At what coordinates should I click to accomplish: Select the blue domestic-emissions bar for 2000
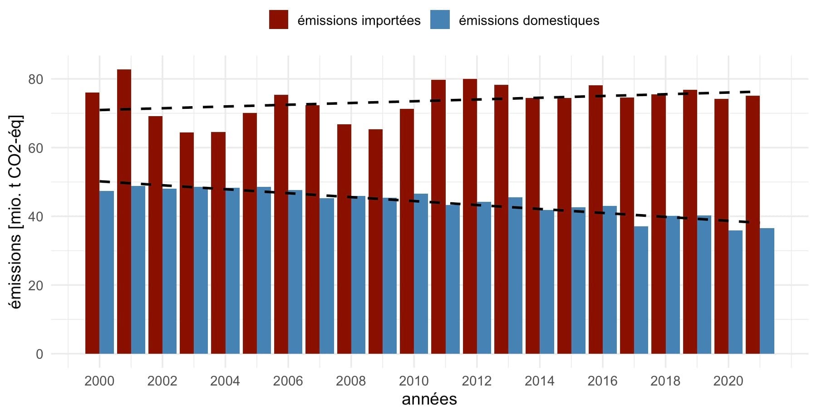(x=107, y=272)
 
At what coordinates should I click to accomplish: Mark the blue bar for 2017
(x=641, y=290)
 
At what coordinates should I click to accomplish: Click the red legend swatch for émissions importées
(x=278, y=20)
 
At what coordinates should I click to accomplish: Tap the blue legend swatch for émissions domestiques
(x=440, y=20)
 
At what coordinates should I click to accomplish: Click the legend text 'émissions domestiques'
(x=529, y=20)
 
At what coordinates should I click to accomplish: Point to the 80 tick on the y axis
(x=35, y=79)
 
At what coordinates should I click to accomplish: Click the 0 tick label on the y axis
(x=39, y=354)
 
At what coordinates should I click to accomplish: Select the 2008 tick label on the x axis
(x=350, y=381)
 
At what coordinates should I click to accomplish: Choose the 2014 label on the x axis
(x=539, y=381)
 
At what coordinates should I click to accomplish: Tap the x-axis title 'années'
(x=429, y=399)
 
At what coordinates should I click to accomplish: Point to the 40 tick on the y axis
(x=35, y=217)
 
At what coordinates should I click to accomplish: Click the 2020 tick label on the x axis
(x=728, y=381)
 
